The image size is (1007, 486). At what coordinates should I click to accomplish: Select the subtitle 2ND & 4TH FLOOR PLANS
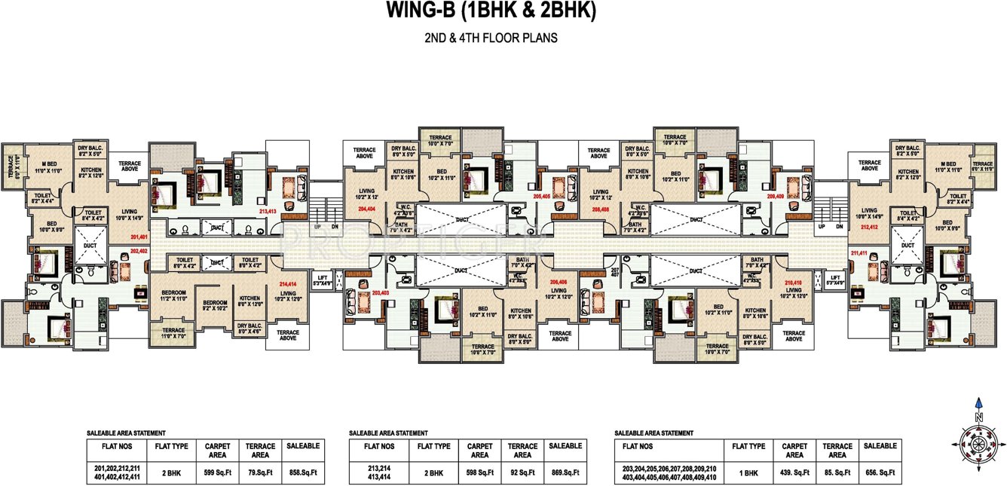pos(491,38)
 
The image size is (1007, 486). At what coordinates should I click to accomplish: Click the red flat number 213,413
pos(268,212)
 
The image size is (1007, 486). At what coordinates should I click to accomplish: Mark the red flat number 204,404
pos(367,208)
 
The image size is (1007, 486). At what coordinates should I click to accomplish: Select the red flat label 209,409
pos(776,195)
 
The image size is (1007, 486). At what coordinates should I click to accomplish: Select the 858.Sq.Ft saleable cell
pos(303,473)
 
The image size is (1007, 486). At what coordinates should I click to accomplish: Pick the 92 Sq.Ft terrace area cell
pos(522,472)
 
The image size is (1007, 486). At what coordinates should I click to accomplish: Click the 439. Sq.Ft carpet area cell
pos(794,473)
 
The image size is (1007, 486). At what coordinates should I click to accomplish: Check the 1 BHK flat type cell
pos(748,473)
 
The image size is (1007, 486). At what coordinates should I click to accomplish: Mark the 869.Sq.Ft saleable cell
pos(565,472)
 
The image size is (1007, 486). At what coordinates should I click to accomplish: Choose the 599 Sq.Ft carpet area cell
pos(217,473)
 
